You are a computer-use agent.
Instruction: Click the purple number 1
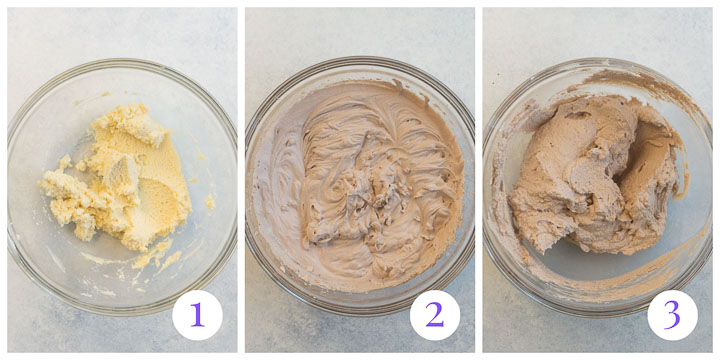tap(196, 315)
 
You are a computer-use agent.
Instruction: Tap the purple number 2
tap(434, 315)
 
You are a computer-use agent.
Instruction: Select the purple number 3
tap(672, 315)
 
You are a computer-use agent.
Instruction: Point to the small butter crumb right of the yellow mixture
tap(210, 202)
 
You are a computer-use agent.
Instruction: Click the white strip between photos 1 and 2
tap(241, 180)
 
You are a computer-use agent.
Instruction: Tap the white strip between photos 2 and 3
tap(479, 180)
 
